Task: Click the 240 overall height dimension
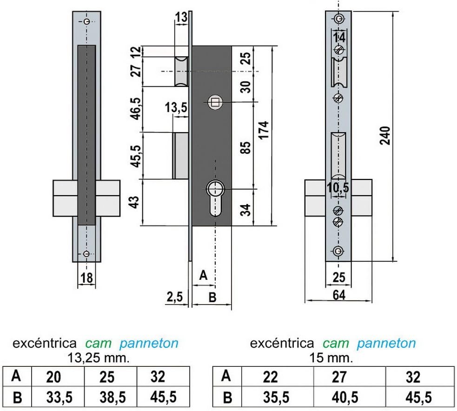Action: pyautogui.click(x=385, y=136)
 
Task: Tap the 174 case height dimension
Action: pyautogui.click(x=264, y=130)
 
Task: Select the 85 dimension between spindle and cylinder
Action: pyautogui.click(x=246, y=148)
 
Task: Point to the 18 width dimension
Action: pyautogui.click(x=86, y=278)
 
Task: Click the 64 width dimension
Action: pyautogui.click(x=339, y=295)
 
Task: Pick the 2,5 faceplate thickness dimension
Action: pyautogui.click(x=175, y=297)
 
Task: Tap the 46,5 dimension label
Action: pyautogui.click(x=136, y=109)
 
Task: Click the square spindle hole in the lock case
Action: pyautogui.click(x=215, y=102)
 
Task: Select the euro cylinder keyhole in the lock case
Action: pyautogui.click(x=215, y=198)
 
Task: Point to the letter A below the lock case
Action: pyautogui.click(x=203, y=275)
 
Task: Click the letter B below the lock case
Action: pyautogui.click(x=212, y=297)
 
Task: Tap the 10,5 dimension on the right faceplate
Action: pyautogui.click(x=338, y=187)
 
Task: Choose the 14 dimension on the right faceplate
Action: pyautogui.click(x=339, y=38)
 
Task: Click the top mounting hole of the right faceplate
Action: pyautogui.click(x=338, y=19)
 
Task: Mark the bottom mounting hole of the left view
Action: pyautogui.click(x=86, y=254)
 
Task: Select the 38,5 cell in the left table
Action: pyautogui.click(x=113, y=397)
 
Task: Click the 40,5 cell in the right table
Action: pyautogui.click(x=345, y=397)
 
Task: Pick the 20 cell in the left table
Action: pyautogui.click(x=53, y=377)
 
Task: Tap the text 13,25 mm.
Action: pyautogui.click(x=99, y=358)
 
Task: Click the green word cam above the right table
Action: pyautogui.click(x=336, y=343)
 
